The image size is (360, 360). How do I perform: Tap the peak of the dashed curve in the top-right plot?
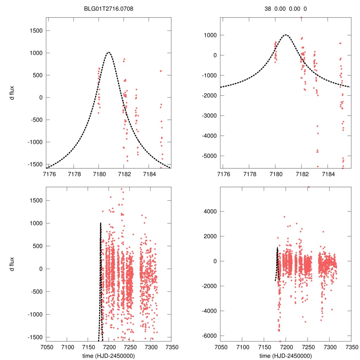tap(285, 35)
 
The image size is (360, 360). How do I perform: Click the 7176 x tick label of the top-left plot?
tap(49, 174)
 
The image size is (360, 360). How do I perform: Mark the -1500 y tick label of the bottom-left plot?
tap(34, 337)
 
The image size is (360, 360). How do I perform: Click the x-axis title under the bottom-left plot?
tap(109, 355)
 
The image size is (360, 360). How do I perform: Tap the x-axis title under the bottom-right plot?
tap(285, 355)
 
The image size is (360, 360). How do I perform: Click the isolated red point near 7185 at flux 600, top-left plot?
tap(161, 71)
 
